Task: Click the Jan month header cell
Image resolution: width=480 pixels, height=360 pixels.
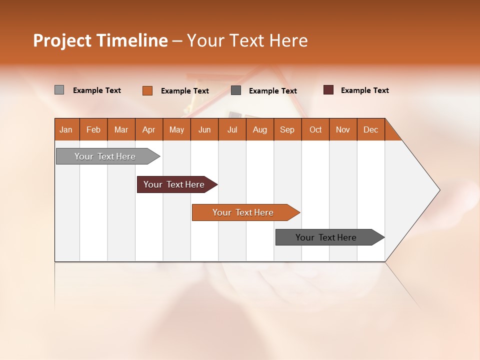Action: [66, 129]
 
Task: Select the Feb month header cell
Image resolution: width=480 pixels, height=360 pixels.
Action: [93, 129]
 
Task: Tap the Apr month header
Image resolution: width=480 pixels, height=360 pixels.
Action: [149, 129]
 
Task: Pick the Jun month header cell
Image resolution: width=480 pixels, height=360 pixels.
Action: [204, 129]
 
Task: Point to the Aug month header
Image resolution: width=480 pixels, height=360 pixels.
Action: [260, 129]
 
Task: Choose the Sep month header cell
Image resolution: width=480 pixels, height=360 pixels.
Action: [287, 129]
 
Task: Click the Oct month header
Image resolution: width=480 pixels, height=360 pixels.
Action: [315, 129]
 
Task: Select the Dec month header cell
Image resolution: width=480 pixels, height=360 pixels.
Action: [371, 129]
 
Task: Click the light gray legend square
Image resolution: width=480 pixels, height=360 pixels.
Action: [59, 90]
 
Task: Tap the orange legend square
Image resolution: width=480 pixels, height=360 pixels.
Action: [147, 90]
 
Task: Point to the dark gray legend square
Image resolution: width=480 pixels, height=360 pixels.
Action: [236, 90]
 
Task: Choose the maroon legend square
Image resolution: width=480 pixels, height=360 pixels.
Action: [328, 90]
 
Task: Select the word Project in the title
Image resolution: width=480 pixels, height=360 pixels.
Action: [62, 40]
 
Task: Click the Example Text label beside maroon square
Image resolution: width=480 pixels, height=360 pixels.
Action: [364, 90]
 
